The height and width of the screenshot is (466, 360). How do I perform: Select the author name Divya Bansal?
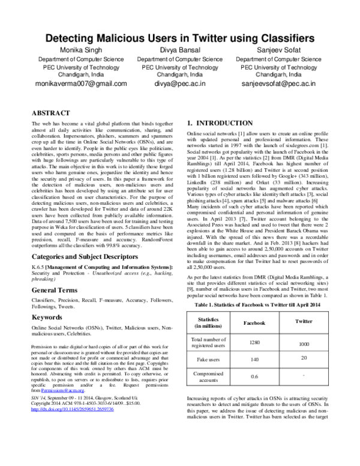point(180,50)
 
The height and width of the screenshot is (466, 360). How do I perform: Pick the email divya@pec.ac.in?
point(180,84)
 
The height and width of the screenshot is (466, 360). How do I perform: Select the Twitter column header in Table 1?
point(304,321)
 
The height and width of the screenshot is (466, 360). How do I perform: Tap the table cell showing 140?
point(253,359)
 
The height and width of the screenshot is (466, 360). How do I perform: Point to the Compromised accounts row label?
point(208,376)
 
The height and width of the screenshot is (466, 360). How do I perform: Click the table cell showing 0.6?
point(253,377)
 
